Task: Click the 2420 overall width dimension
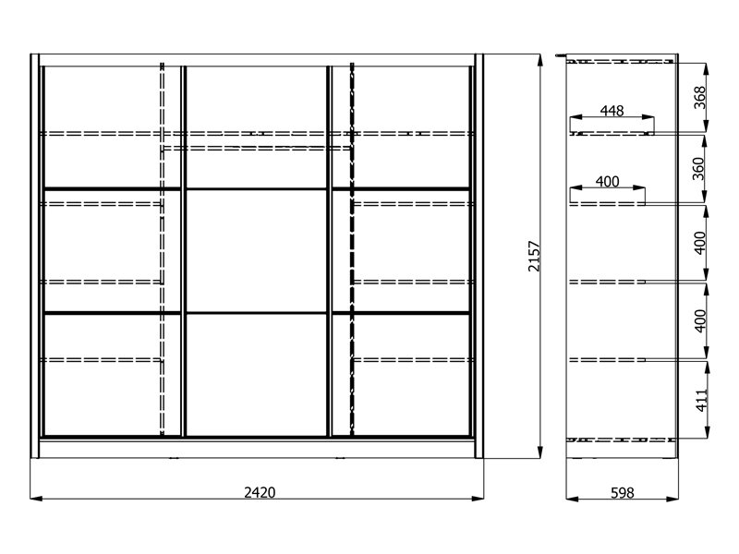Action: click(x=260, y=492)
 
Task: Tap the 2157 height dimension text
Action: click(x=534, y=257)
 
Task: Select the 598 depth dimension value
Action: click(x=622, y=493)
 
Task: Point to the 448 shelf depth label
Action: click(x=612, y=110)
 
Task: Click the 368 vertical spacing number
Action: click(x=700, y=98)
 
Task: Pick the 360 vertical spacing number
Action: click(x=698, y=169)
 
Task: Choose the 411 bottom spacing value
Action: click(x=702, y=400)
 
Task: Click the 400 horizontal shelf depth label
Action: click(x=607, y=181)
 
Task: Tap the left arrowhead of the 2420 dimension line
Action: click(x=36, y=498)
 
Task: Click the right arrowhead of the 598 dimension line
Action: click(x=672, y=499)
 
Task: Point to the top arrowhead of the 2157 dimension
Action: click(x=540, y=60)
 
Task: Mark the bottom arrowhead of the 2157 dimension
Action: click(x=540, y=452)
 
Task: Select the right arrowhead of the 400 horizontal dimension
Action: click(x=639, y=187)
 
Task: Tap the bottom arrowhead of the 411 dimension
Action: click(x=707, y=431)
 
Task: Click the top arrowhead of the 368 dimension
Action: click(x=706, y=69)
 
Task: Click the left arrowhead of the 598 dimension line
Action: click(x=572, y=499)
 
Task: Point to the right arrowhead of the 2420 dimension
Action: click(x=478, y=498)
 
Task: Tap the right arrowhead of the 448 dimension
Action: click(x=648, y=117)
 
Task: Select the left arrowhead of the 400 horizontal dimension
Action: click(x=576, y=187)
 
